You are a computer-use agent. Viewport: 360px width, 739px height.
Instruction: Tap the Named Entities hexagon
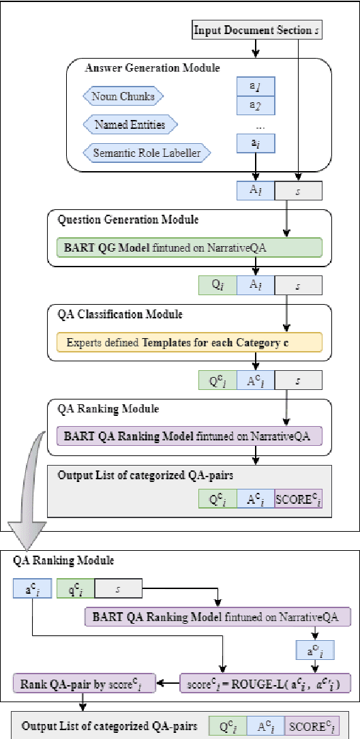(x=130, y=125)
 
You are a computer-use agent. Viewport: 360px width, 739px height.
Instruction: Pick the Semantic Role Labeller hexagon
(x=146, y=153)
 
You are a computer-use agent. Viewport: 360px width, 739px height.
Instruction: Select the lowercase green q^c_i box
(x=74, y=586)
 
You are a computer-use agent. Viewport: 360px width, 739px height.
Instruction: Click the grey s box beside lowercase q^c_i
(x=117, y=586)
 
